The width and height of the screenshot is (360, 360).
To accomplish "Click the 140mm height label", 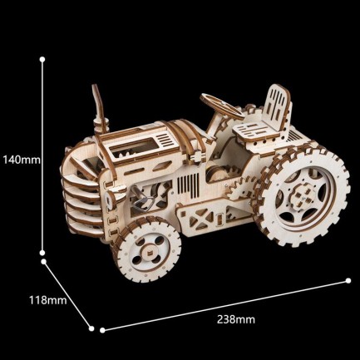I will tap(20, 158).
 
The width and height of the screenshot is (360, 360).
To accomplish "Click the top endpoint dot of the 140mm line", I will tap(43, 59).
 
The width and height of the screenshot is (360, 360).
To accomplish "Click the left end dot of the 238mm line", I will tap(101, 329).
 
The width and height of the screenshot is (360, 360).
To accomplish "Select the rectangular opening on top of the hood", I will tap(132, 149).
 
